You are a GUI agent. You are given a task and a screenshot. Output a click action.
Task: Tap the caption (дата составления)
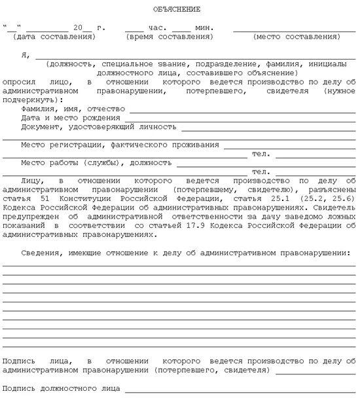(54, 37)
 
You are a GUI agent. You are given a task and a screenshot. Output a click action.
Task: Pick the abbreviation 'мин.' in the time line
(205, 29)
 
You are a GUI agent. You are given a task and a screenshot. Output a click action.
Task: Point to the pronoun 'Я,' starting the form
(26, 56)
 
